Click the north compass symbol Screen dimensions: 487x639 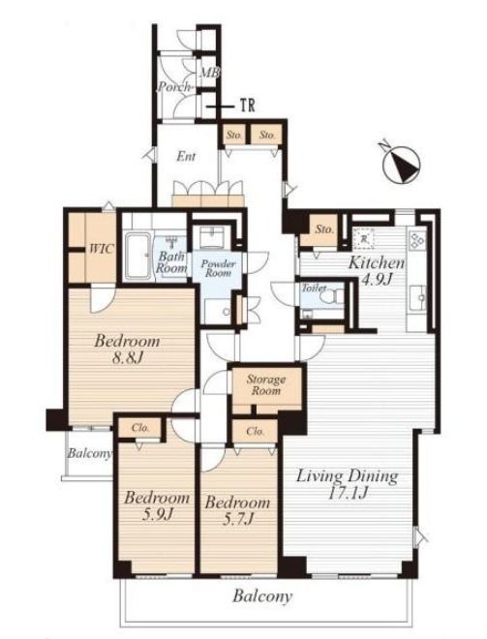402,164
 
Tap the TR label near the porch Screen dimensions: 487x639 247,106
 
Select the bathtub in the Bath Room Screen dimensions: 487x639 137,256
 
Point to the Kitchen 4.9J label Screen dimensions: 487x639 377,270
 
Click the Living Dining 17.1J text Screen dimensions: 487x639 347,484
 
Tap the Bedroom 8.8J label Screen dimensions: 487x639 127,349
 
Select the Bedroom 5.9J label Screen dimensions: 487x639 157,505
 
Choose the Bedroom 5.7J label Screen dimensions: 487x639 237,510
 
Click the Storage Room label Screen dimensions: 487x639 265,385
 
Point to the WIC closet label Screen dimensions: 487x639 102,249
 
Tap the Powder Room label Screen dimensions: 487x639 218,268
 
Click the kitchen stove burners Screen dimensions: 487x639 417,240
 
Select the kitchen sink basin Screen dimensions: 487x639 417,298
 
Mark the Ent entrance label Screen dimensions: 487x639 186,157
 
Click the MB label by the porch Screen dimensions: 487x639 209,73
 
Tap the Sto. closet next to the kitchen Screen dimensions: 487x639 323,229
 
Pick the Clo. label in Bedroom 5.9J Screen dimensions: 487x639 140,428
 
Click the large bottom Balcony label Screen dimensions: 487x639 262,596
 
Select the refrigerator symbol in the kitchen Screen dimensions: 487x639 365,239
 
